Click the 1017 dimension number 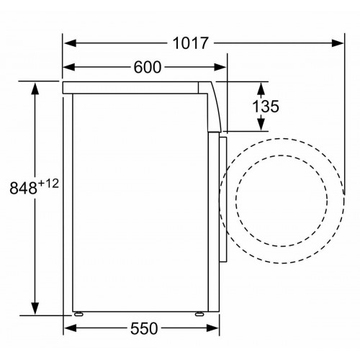(191, 44)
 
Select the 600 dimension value (147, 68)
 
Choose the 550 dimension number (144, 329)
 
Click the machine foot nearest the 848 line (77, 315)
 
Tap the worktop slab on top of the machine (137, 87)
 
